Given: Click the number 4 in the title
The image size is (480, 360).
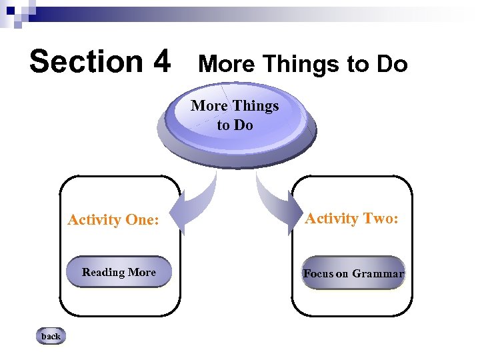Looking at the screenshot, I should (161, 61).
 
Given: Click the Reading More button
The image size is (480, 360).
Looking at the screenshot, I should (119, 272).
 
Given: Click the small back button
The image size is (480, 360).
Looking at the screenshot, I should (51, 337).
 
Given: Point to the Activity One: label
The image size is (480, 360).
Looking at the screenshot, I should (113, 219).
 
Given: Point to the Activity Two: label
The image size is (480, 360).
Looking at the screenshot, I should (351, 218).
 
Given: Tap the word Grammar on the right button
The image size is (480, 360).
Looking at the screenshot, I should (378, 274).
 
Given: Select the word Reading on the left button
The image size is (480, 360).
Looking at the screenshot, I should (103, 272).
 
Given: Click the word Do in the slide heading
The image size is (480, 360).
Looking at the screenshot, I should (391, 64).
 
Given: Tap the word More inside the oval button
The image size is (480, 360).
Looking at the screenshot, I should (209, 105).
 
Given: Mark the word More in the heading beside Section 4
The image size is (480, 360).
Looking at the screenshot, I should (226, 64).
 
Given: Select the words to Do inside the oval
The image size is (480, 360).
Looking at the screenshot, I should (235, 125).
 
